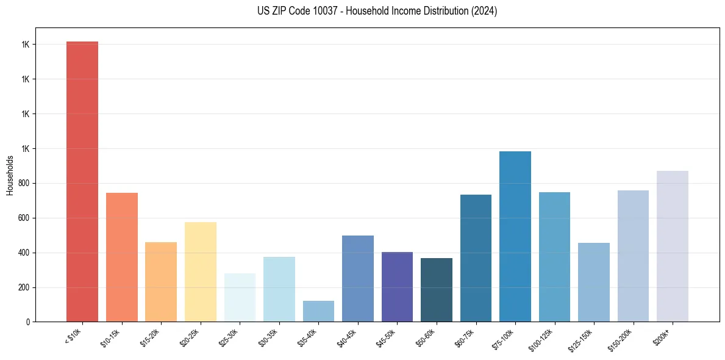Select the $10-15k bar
coord(122,257)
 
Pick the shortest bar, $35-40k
coord(318,311)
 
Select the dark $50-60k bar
coord(437,290)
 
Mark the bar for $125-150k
coord(594,282)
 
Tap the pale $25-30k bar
coord(240,297)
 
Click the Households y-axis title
coord(10,175)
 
